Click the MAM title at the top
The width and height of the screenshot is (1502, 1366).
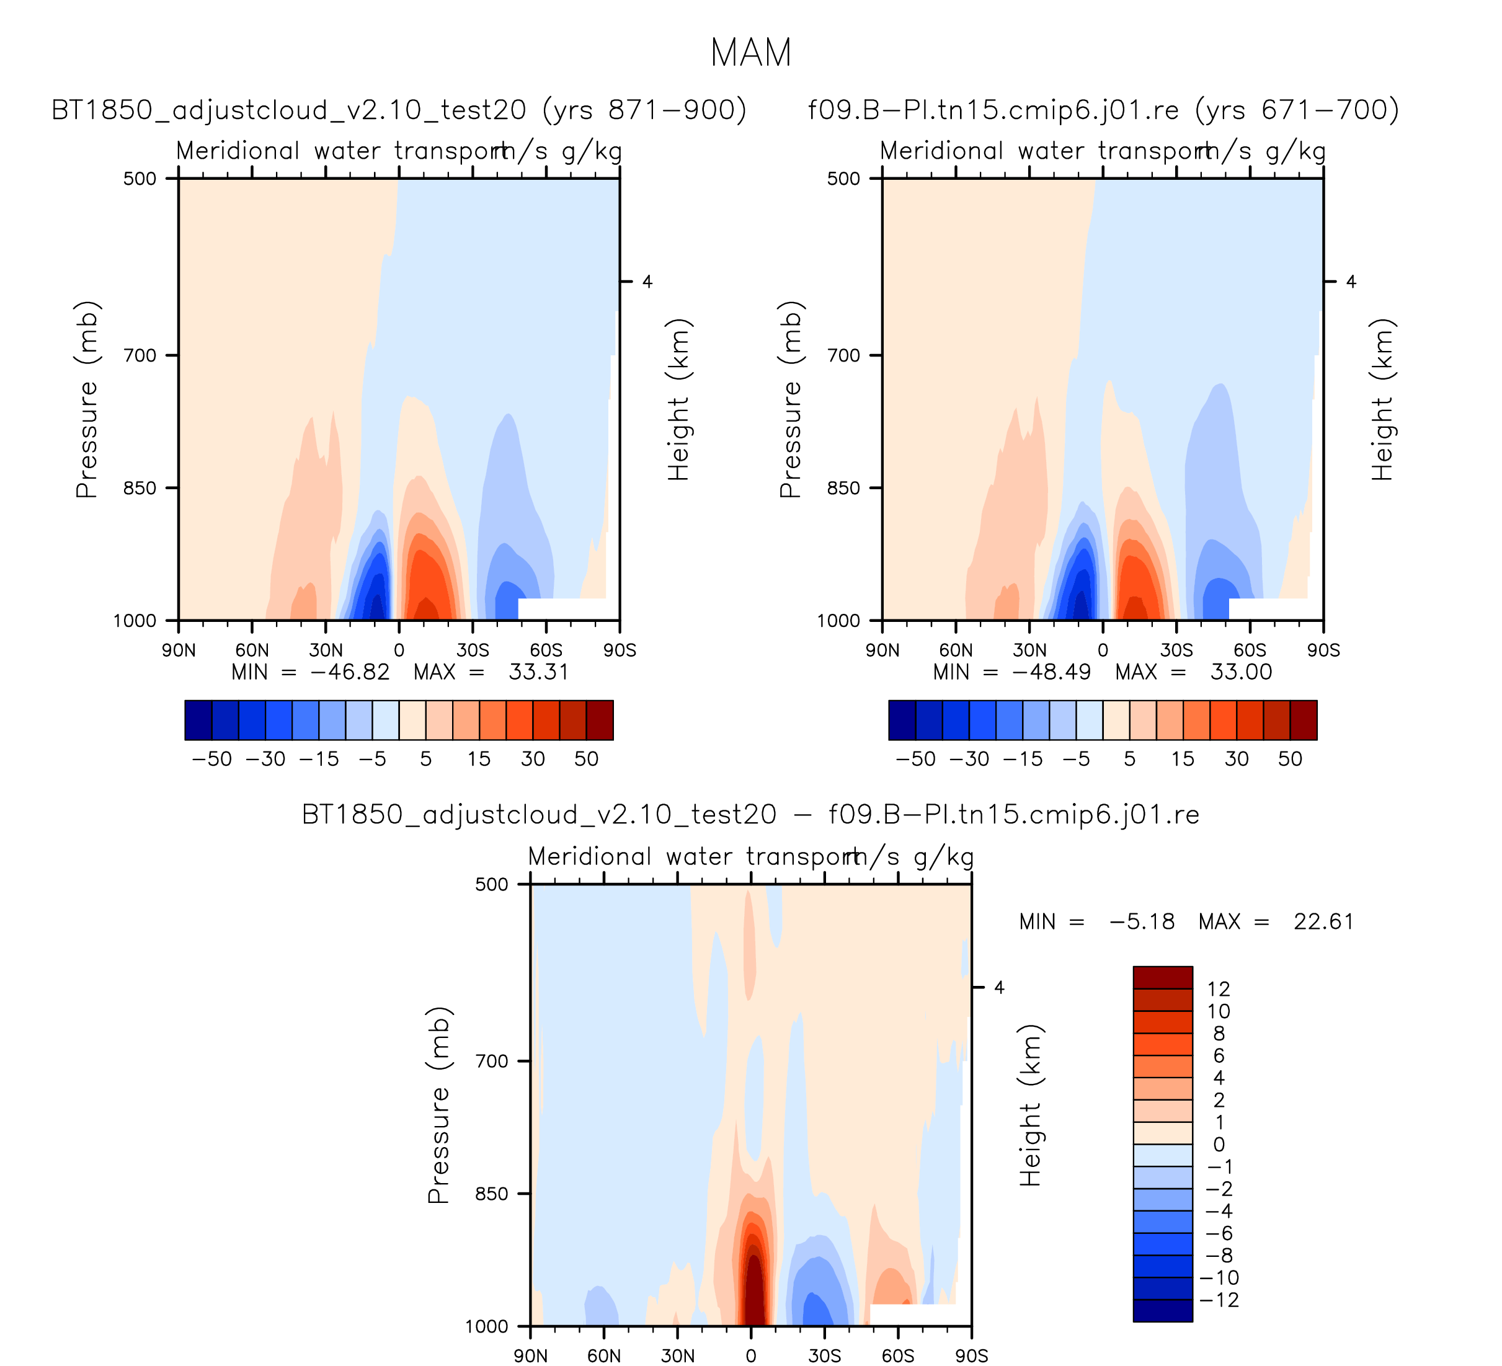750,53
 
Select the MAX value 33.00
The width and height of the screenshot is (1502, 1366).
1240,673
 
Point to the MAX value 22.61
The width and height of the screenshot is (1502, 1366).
1323,922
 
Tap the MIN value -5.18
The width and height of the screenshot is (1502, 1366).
1142,922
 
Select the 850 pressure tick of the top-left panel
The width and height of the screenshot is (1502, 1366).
140,489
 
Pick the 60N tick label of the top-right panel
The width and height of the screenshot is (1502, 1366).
955,651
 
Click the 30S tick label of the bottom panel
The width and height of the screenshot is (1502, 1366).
824,1356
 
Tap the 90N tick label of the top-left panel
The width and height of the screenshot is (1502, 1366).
179,651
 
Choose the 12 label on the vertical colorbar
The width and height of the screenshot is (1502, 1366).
1218,989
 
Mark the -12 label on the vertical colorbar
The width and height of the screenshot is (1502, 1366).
1219,1300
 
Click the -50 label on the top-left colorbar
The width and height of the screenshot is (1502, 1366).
211,759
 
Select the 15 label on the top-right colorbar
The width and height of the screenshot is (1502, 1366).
1183,759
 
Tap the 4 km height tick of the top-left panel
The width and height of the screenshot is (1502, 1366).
647,282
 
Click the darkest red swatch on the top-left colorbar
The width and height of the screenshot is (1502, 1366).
600,721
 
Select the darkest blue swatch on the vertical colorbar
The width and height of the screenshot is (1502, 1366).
1162,1310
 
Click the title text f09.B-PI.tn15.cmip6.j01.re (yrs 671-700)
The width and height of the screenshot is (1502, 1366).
1103,110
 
